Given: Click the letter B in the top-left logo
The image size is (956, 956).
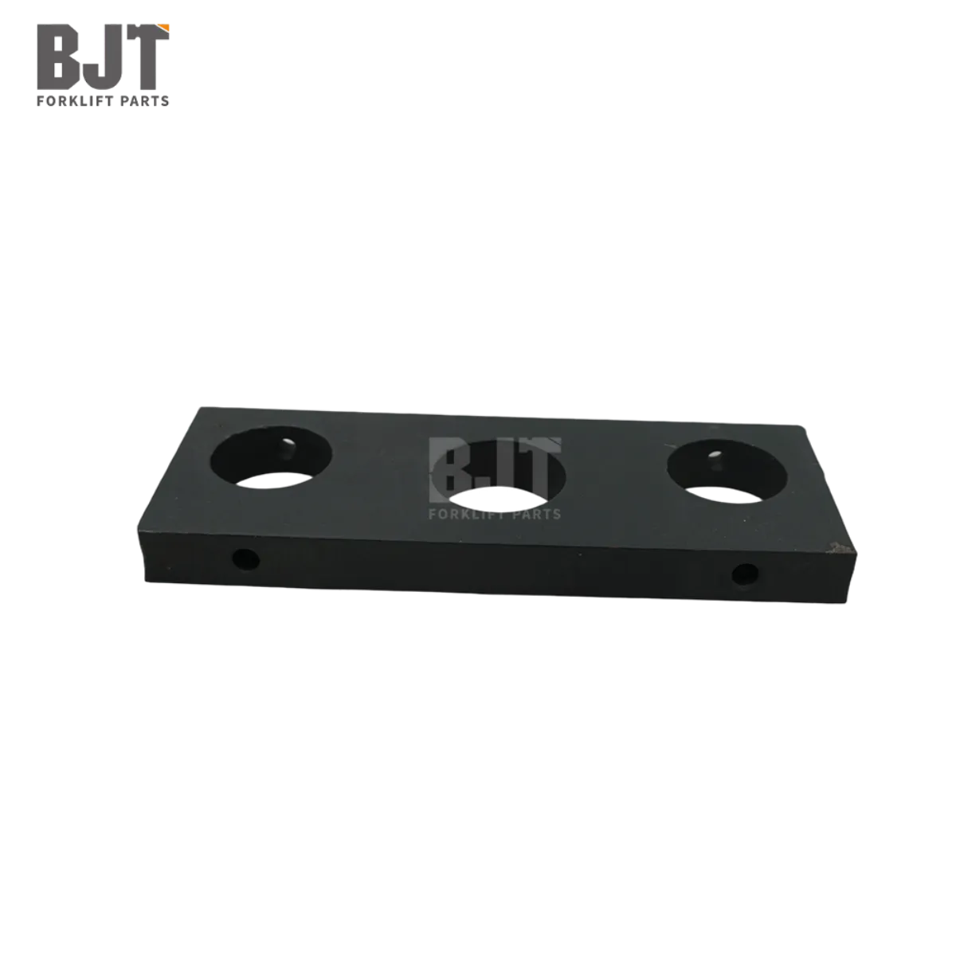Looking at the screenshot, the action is (57, 57).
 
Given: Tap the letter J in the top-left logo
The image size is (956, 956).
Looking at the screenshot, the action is (100, 57).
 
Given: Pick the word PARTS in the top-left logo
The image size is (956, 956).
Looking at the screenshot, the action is (145, 101).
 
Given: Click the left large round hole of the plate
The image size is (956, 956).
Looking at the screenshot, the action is (271, 457).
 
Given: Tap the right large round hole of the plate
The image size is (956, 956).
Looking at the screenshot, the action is (727, 472).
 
